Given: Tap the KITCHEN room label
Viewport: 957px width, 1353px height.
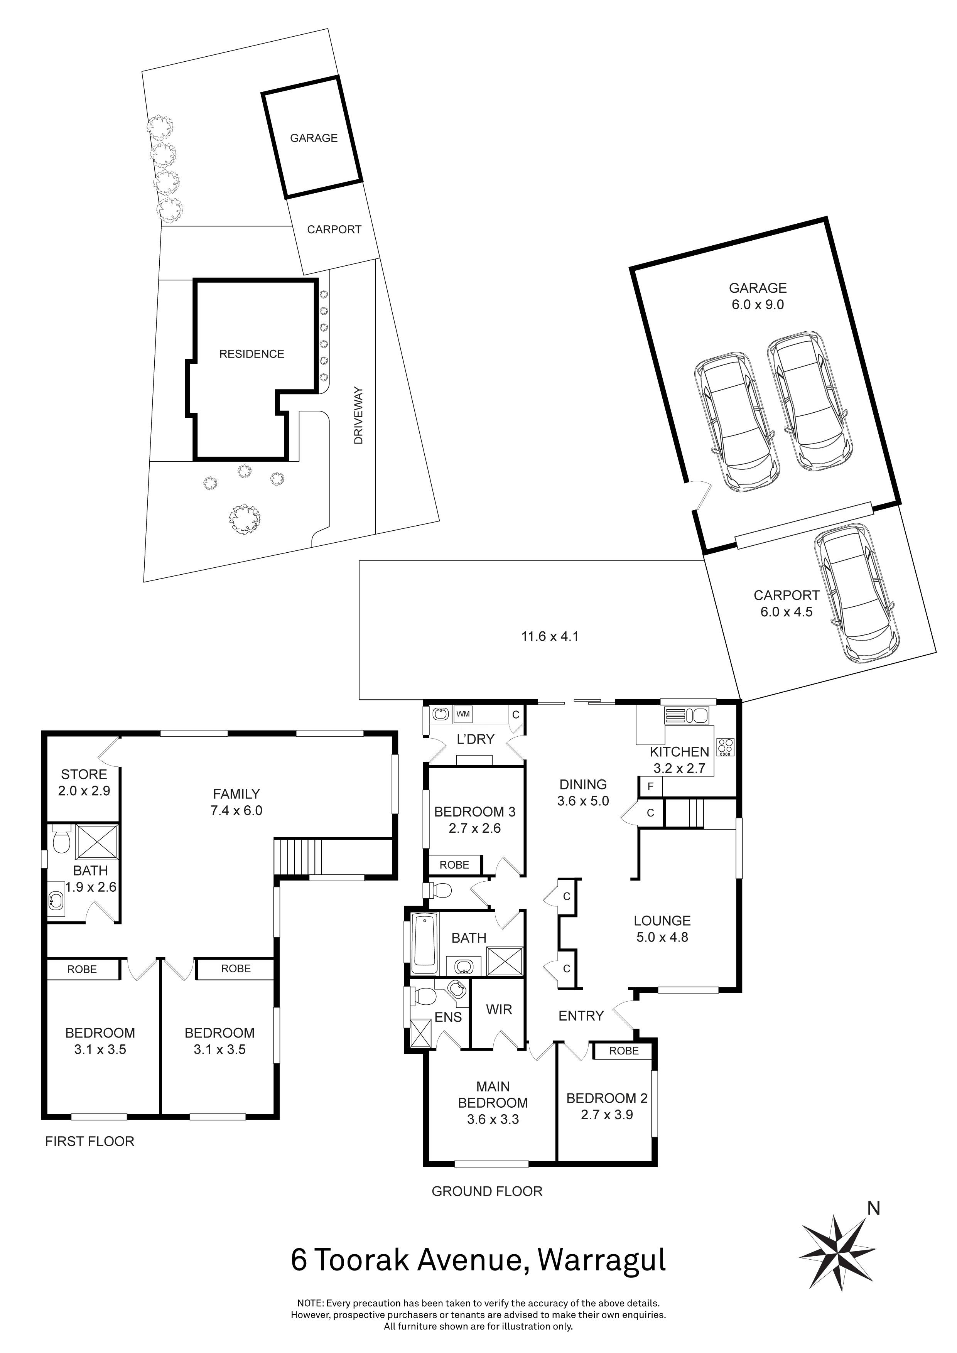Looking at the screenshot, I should click(x=679, y=752).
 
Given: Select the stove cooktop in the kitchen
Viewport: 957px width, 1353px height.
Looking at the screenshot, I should click(x=726, y=747).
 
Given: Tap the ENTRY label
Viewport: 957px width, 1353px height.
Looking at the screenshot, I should click(x=581, y=1016).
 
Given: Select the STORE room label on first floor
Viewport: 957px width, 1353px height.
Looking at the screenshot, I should click(x=84, y=774).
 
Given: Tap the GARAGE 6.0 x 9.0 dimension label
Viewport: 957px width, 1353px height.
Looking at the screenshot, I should click(x=757, y=305).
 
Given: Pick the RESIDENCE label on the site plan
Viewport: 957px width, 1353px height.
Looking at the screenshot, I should click(x=251, y=354).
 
